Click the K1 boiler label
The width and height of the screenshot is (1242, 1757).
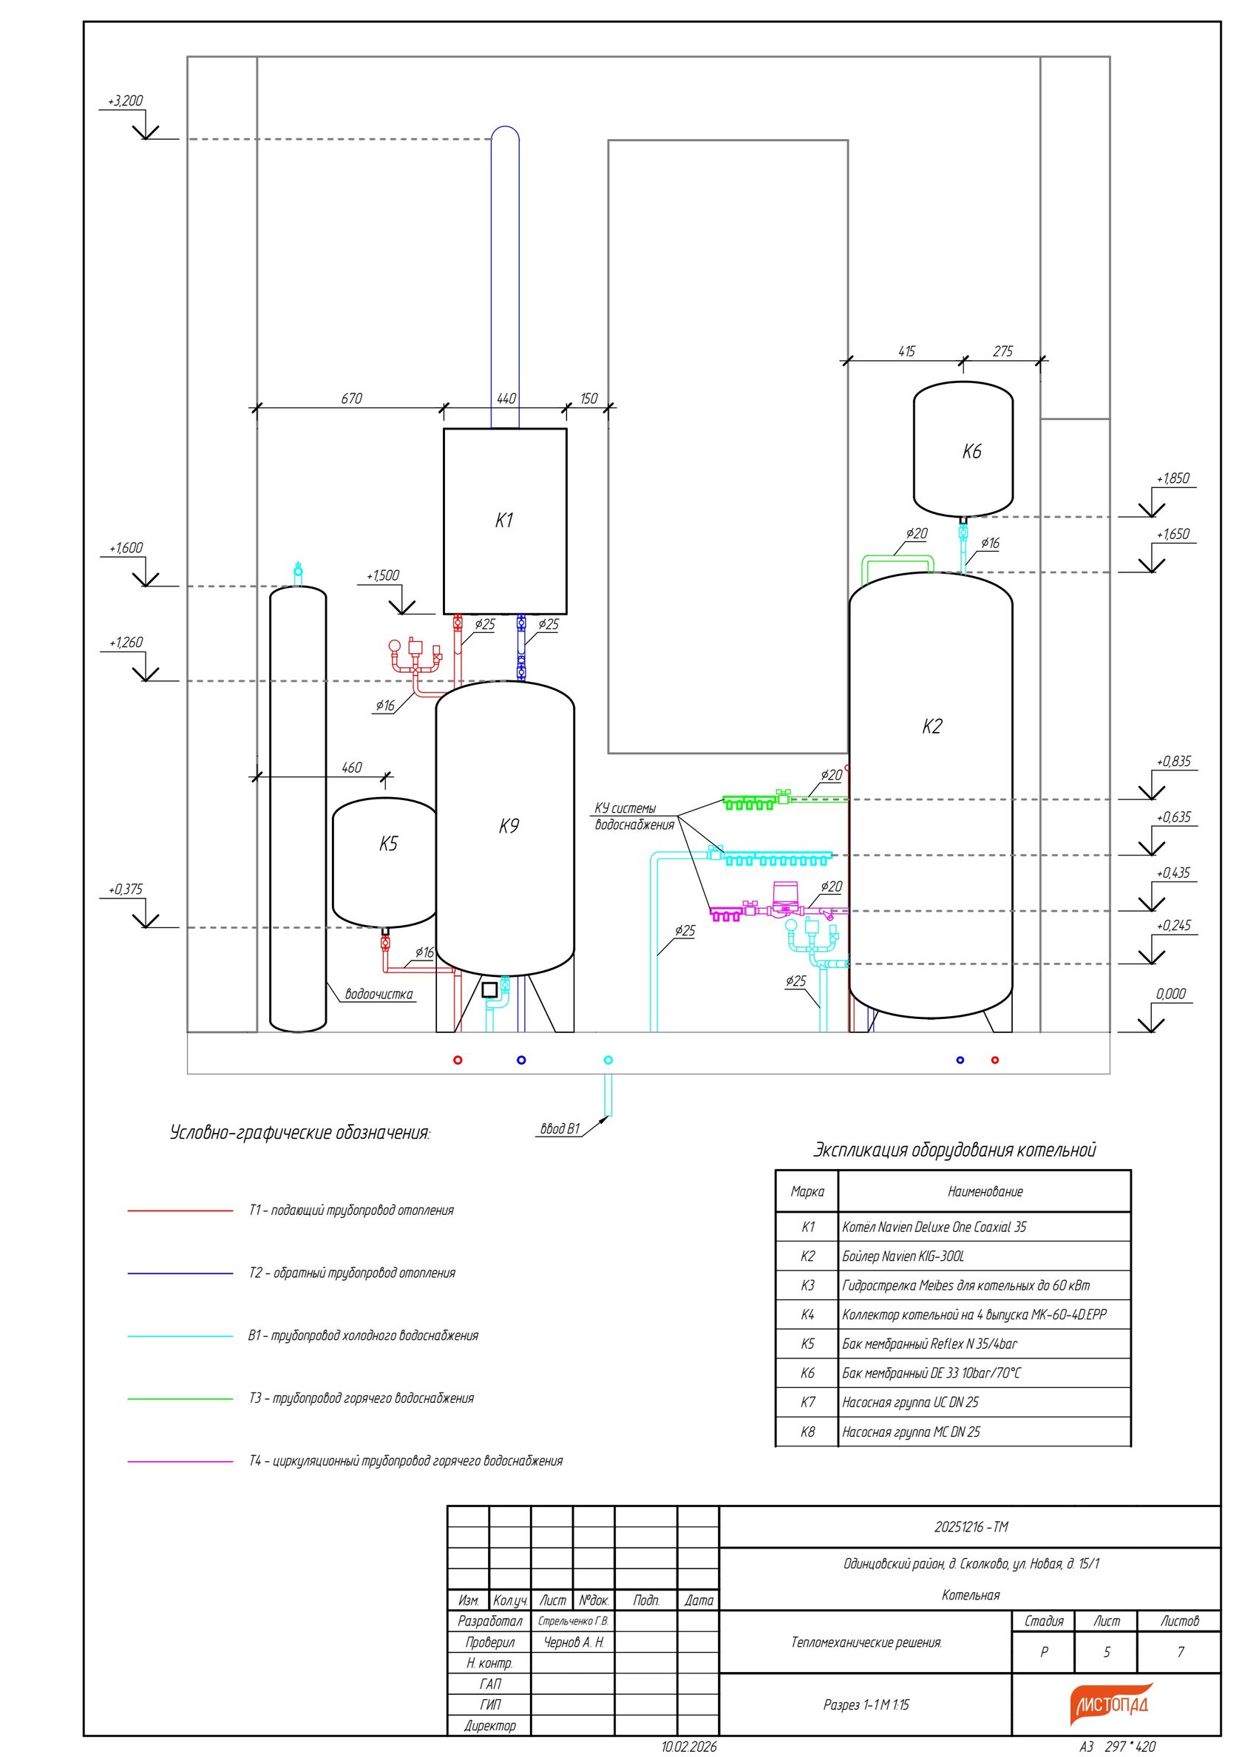click(x=503, y=521)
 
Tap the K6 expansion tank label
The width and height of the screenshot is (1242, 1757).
click(x=971, y=452)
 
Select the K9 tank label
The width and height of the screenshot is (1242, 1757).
click(x=509, y=826)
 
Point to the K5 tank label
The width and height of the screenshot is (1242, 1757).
click(x=389, y=843)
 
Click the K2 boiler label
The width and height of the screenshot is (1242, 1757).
click(x=931, y=726)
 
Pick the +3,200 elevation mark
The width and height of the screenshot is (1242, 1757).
click(x=126, y=101)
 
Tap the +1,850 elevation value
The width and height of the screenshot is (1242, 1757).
click(x=1173, y=478)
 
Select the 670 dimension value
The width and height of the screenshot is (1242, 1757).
click(x=351, y=399)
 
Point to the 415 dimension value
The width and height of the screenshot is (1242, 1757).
click(x=906, y=351)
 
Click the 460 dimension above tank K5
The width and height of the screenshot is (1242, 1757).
click(x=351, y=768)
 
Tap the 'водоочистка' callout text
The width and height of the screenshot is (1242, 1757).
click(x=379, y=994)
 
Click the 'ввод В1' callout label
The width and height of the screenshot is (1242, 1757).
click(x=560, y=1128)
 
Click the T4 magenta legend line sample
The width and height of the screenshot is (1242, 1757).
click(x=180, y=1462)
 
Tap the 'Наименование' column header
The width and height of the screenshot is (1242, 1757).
click(x=985, y=1191)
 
